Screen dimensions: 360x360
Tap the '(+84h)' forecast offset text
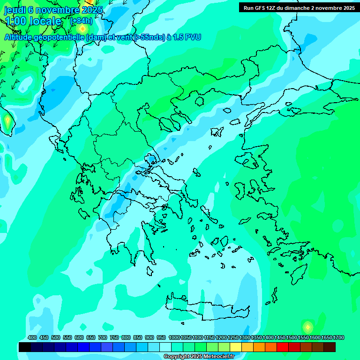pos(81,21)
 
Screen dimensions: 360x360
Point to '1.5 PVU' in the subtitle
pos(187,37)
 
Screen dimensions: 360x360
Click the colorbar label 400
pos(32,337)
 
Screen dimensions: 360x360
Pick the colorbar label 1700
pos(339,337)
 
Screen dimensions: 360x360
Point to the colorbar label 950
pos(161,337)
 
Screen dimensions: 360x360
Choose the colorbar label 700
pos(103,337)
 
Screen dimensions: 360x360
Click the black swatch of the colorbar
pos(25,347)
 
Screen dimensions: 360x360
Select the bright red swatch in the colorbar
pos(283,347)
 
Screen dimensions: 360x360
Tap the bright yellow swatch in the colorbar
pos(236,347)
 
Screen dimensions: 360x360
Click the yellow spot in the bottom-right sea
pos(307,327)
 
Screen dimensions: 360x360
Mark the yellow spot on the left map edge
pos(7,121)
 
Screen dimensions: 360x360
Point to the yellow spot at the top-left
pos(82,29)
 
